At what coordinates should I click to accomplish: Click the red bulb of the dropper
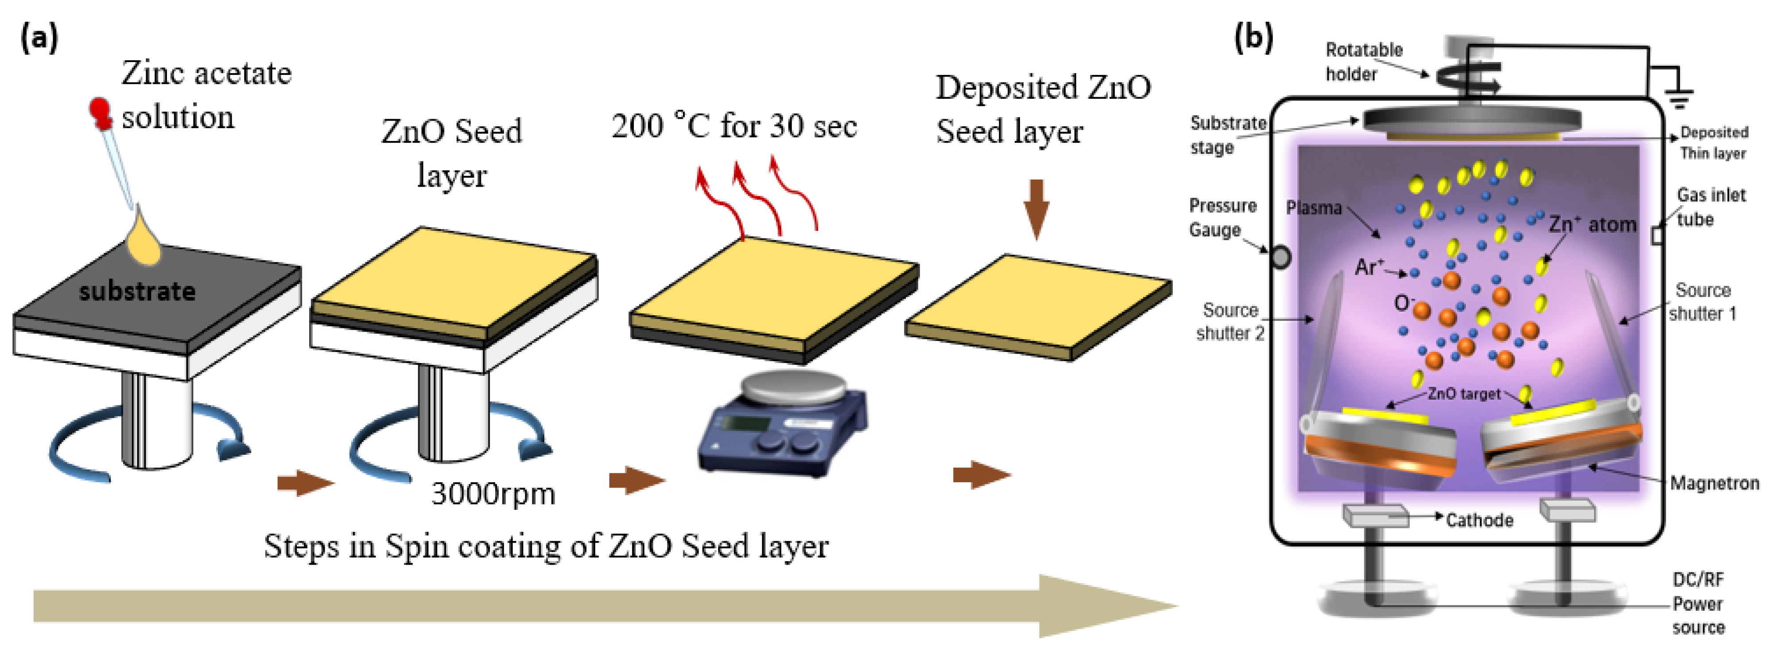(101, 112)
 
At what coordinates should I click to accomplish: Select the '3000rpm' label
(493, 494)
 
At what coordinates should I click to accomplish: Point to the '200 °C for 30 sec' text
(734, 126)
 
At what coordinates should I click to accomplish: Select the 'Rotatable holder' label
(1363, 62)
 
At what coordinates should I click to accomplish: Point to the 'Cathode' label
(1479, 520)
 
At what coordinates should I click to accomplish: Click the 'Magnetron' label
(1714, 484)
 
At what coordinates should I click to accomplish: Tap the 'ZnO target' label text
(1464, 394)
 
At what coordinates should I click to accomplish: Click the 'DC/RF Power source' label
(1698, 604)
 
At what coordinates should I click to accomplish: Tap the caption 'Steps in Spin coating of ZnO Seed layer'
(546, 547)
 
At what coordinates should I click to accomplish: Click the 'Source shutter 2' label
(1230, 322)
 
